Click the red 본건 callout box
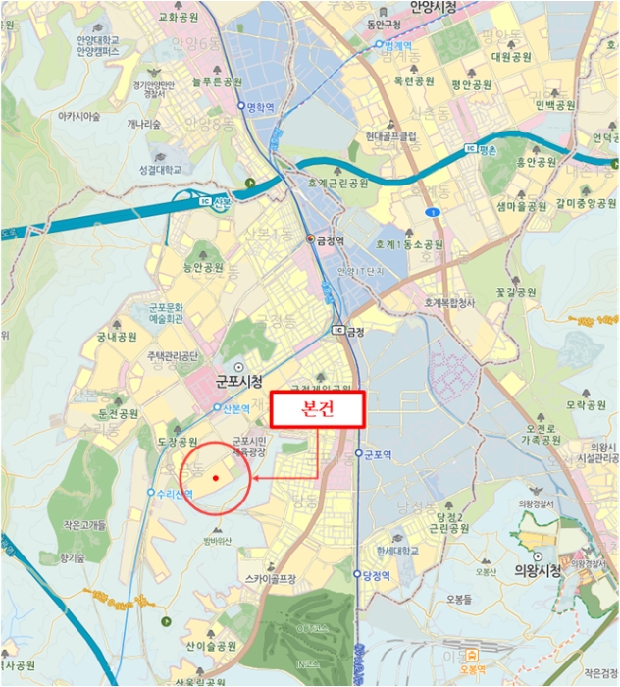pyautogui.click(x=317, y=409)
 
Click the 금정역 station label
pyautogui.click(x=329, y=238)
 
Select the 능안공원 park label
pyautogui.click(x=203, y=267)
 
